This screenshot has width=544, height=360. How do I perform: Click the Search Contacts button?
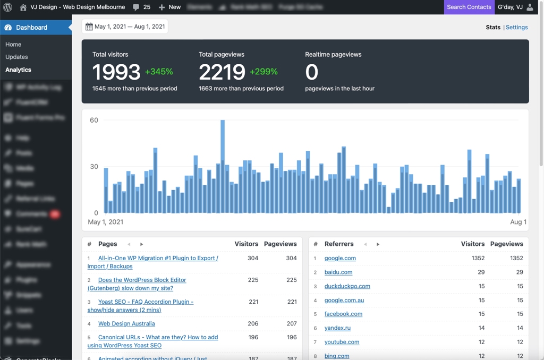[x=469, y=7]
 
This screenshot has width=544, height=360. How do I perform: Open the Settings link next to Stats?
[x=516, y=27]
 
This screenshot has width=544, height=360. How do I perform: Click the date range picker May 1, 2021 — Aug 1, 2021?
[x=125, y=27]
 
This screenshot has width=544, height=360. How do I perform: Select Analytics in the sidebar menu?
[x=19, y=70]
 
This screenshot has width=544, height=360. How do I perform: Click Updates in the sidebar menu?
[x=16, y=57]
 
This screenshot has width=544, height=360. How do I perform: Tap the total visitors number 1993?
[x=116, y=72]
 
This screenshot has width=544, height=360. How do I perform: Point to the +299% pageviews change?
[x=263, y=72]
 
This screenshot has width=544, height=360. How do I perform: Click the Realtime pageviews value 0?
[x=312, y=72]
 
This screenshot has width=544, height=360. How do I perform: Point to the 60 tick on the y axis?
[x=94, y=121]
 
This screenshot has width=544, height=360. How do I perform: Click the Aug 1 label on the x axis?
[x=518, y=222]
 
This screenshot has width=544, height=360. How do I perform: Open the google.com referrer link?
[x=340, y=258]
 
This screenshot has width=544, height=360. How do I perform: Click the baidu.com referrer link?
[x=338, y=272]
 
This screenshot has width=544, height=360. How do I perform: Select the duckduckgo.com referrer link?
[x=347, y=286]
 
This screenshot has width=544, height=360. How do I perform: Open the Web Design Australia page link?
[x=126, y=323]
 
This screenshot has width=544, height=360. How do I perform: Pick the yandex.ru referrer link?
[x=337, y=328]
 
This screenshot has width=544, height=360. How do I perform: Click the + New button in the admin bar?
[x=169, y=7]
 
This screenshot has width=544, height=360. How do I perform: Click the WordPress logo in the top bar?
[x=7, y=7]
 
